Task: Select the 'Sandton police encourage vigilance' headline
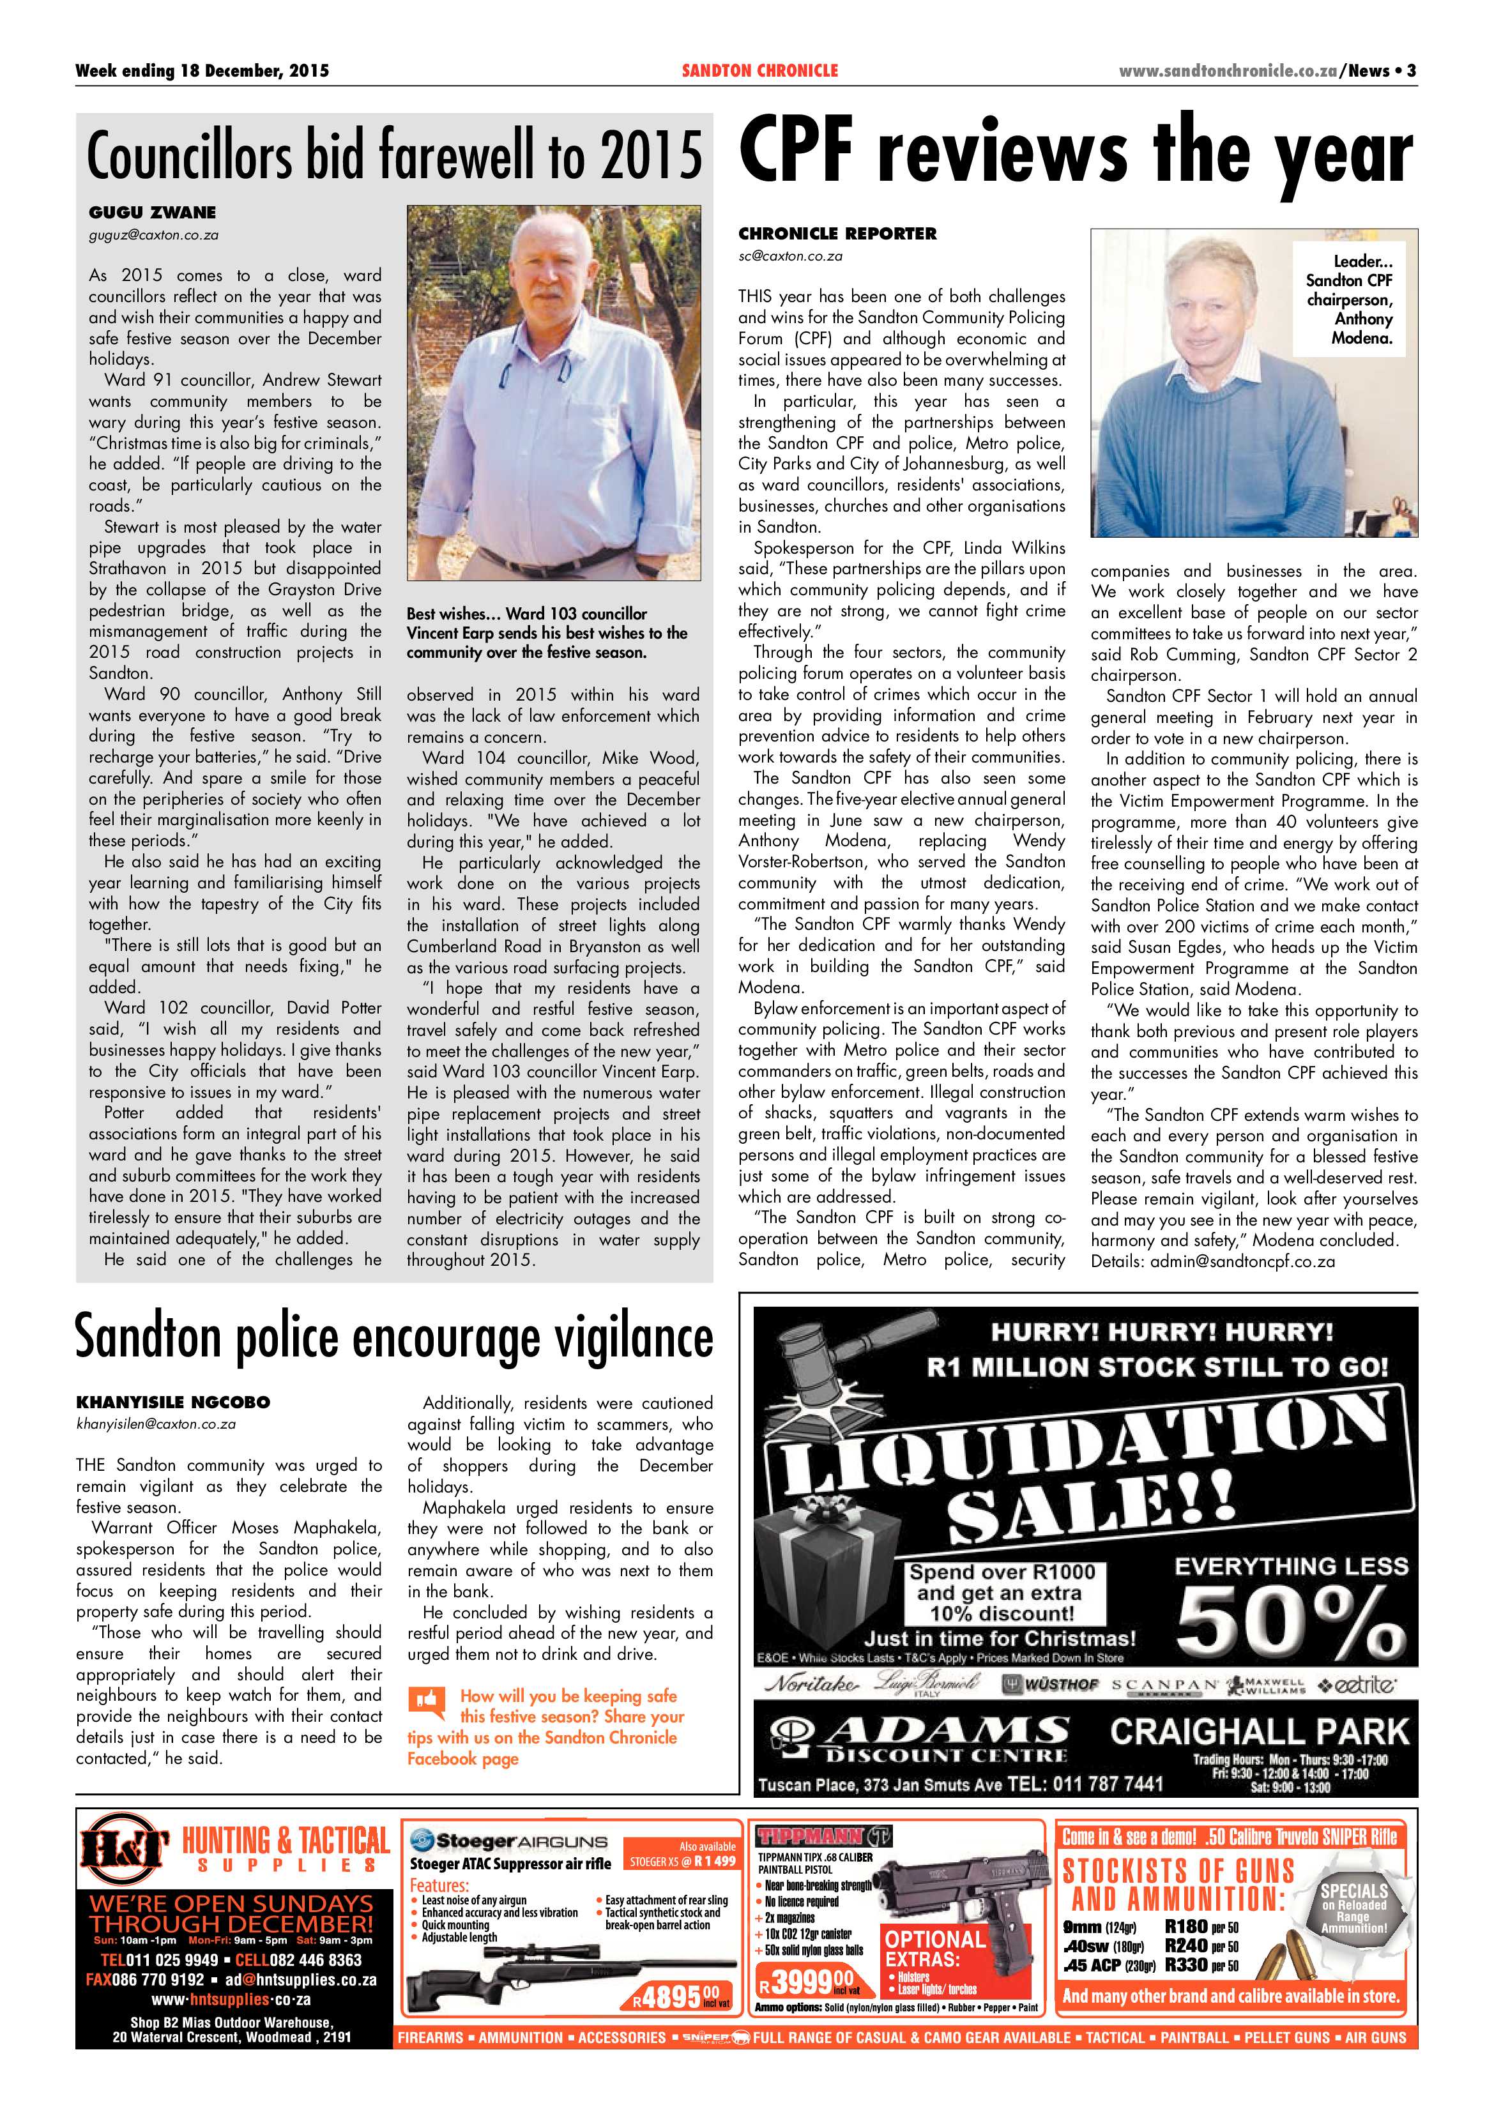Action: [x=393, y=1339]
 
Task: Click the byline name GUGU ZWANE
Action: [x=153, y=213]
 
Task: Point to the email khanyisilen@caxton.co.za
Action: [x=156, y=1424]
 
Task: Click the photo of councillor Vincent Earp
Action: [x=553, y=393]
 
